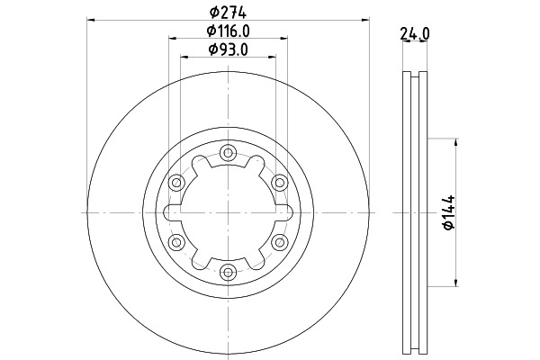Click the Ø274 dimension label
(x=228, y=13)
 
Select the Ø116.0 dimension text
(x=228, y=31)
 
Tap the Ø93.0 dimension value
(x=228, y=49)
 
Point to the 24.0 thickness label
(x=415, y=34)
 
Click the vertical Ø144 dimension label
(x=449, y=212)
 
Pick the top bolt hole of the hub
(x=228, y=152)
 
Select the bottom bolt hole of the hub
(x=228, y=273)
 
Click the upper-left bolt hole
(x=176, y=182)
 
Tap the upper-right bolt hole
(x=279, y=182)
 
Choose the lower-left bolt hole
(x=176, y=242)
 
